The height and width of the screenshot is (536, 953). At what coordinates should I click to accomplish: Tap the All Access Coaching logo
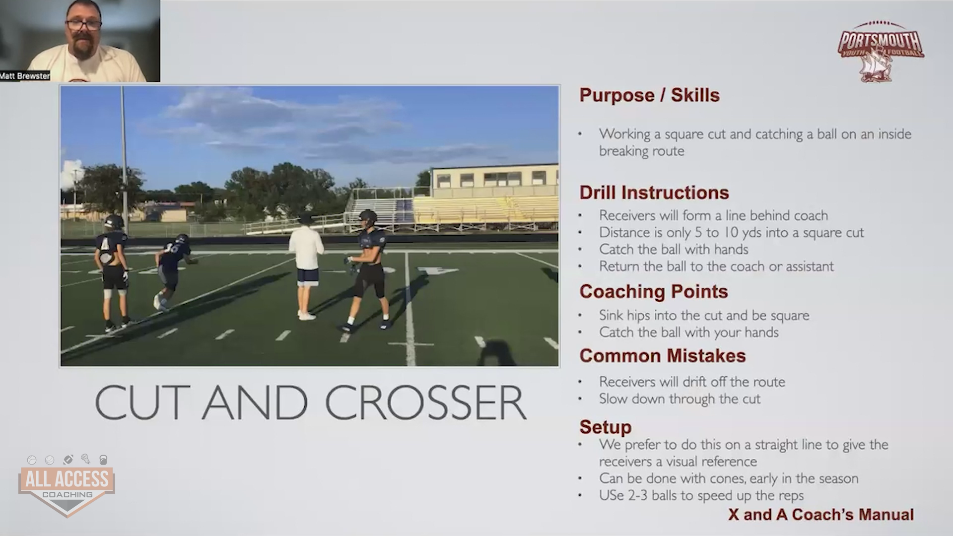(x=67, y=485)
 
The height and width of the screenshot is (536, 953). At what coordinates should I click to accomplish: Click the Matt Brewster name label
(x=25, y=76)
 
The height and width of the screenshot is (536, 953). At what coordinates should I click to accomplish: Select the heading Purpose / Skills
(x=649, y=95)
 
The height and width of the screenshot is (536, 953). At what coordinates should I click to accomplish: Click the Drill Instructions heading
(x=654, y=193)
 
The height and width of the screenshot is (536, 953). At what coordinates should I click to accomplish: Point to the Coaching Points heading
(x=654, y=291)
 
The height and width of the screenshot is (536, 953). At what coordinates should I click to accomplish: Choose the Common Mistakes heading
(x=663, y=355)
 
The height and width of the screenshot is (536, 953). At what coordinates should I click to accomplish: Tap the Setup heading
(x=606, y=427)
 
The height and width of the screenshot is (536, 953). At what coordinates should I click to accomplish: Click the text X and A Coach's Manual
(x=821, y=515)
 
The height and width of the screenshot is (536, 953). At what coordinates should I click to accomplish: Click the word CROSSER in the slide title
(x=425, y=402)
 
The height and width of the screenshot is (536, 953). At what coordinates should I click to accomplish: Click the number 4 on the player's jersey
(x=105, y=245)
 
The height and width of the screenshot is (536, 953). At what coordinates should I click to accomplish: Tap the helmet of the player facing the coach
(x=368, y=217)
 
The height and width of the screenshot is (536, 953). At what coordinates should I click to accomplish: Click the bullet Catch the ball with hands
(x=674, y=249)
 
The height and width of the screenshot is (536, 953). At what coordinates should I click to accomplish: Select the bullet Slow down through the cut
(x=680, y=399)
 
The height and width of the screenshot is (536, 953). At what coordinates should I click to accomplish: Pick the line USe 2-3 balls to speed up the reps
(x=701, y=495)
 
